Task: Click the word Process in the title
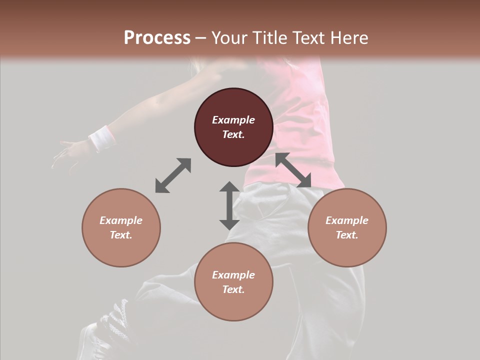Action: click(x=157, y=38)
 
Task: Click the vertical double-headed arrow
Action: click(x=229, y=205)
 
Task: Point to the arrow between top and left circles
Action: click(x=173, y=175)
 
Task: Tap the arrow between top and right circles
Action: click(x=293, y=170)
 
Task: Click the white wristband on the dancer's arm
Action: click(x=101, y=138)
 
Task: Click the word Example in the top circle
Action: click(x=233, y=120)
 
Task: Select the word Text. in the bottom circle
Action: click(x=233, y=289)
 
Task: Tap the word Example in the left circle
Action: click(x=121, y=220)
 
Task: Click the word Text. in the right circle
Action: click(x=347, y=235)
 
